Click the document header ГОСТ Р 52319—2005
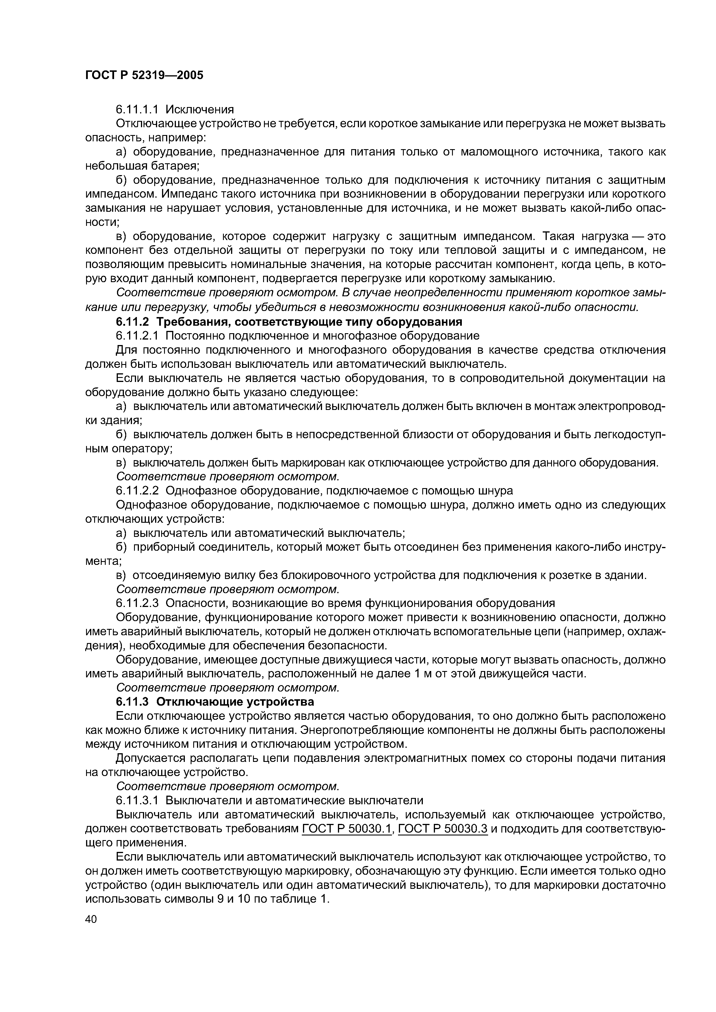click(x=144, y=75)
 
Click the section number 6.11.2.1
click(x=136, y=336)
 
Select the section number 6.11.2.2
click(x=136, y=491)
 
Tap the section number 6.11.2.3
click(x=136, y=603)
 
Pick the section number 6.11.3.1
click(x=136, y=800)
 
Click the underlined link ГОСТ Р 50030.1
click(x=347, y=829)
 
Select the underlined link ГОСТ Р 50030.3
click(x=442, y=829)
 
